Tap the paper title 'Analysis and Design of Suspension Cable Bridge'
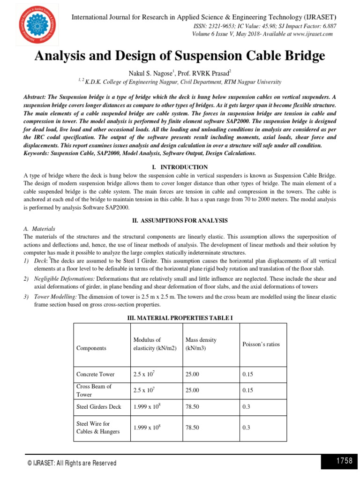pyautogui.click(x=180, y=56)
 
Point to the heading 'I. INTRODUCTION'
pyautogui.click(x=180, y=167)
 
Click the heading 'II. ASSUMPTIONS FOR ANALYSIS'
pyautogui.click(x=180, y=220)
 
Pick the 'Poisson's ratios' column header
pyautogui.click(x=261, y=344)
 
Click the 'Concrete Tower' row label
pyautogui.click(x=95, y=374)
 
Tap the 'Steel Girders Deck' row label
pyautogui.click(x=98, y=406)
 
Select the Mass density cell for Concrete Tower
pyautogui.click(x=192, y=374)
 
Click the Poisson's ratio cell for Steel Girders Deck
pyautogui.click(x=247, y=406)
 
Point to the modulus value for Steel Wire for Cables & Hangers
pyautogui.click(x=147, y=427)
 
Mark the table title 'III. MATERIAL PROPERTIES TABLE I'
pyautogui.click(x=180, y=318)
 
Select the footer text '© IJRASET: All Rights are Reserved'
pyautogui.click(x=72, y=463)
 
